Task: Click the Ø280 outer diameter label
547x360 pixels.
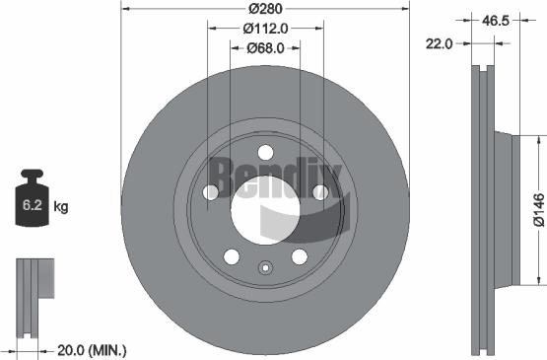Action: tap(266, 9)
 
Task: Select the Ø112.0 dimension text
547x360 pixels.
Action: tap(266, 28)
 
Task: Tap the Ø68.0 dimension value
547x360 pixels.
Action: tap(266, 47)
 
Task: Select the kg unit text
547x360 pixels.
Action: tap(60, 207)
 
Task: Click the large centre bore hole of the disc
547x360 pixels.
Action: tap(266, 208)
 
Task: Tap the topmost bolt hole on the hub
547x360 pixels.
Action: tap(266, 152)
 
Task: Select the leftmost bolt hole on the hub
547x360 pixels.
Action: tap(210, 193)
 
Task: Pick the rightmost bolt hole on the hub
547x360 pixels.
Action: tap(321, 193)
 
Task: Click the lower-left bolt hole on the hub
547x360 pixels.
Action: tap(232, 257)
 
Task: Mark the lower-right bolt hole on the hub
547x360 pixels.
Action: tap(300, 257)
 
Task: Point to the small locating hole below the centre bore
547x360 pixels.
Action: tap(266, 266)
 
